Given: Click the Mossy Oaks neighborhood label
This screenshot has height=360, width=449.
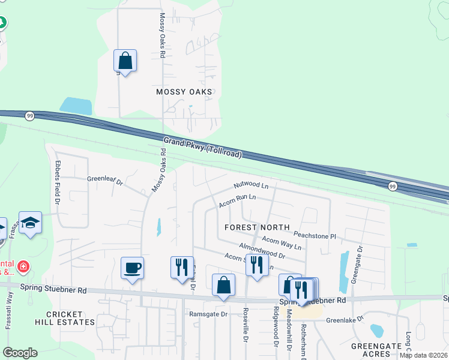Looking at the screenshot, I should point(184,92).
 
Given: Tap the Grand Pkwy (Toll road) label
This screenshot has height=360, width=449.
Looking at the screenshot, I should point(203,148).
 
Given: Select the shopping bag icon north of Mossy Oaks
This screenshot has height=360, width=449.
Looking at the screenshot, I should point(125,61).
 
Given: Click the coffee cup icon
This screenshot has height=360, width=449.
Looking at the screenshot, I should point(132,268).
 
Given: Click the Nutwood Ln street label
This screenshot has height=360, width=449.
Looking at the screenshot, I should point(251,186).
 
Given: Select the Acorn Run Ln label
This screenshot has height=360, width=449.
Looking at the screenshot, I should point(237,200).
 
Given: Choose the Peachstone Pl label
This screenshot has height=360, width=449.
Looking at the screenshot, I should point(315,235).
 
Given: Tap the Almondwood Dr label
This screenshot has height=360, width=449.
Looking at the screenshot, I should point(262,250).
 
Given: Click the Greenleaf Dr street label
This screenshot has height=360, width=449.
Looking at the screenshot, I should point(104,180).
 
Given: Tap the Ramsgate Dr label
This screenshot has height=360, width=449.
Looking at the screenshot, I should point(209,314).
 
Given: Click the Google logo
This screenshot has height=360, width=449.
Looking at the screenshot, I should point(20,353).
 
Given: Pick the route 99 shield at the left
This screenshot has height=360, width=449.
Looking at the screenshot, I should point(29,115).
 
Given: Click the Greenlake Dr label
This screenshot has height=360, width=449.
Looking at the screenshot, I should point(345,320).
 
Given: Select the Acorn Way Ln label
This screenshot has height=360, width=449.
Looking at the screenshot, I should point(282,242).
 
